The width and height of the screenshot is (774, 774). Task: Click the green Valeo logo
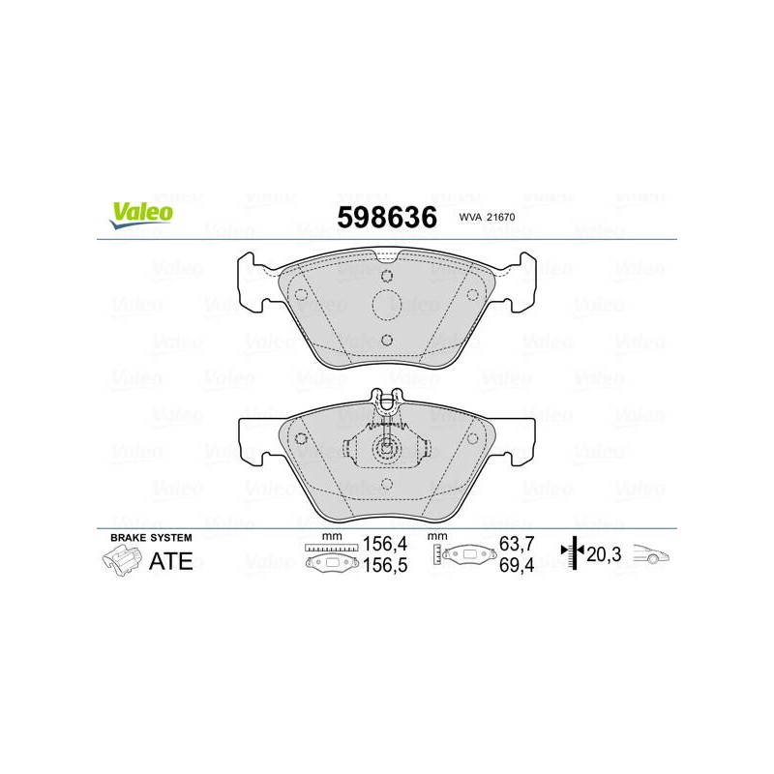141,216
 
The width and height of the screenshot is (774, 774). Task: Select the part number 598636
387,217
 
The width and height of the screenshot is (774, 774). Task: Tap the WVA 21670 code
487,217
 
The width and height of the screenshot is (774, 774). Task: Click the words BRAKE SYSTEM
151,538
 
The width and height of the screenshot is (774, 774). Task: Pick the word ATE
171,561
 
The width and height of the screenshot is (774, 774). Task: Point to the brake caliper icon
120,562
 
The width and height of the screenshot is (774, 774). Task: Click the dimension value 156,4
385,544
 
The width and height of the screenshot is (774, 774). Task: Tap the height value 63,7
517,544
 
